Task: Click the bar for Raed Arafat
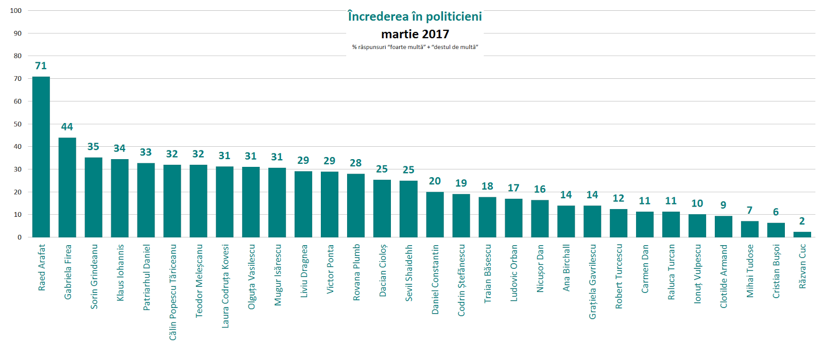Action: tap(41, 157)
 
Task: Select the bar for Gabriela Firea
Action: tap(67, 187)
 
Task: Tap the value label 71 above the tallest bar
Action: tap(41, 66)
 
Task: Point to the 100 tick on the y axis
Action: tap(16, 11)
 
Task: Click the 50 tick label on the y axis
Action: tap(18, 124)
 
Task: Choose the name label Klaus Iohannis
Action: tap(121, 272)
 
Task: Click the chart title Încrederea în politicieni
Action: tap(415, 16)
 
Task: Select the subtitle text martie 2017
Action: tap(415, 35)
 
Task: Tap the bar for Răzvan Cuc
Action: tap(802, 234)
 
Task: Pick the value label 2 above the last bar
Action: tap(802, 221)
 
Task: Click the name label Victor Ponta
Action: tap(330, 269)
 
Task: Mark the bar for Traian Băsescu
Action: tap(487, 217)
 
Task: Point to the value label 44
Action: tap(67, 127)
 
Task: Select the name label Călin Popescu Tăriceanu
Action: tap(173, 292)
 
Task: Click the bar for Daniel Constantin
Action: tap(435, 214)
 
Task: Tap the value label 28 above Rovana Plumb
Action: tap(356, 163)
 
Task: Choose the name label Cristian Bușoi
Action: tap(776, 271)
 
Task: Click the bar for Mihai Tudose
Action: tap(750, 229)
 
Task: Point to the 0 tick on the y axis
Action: tap(20, 237)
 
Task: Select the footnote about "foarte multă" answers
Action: tap(415, 47)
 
